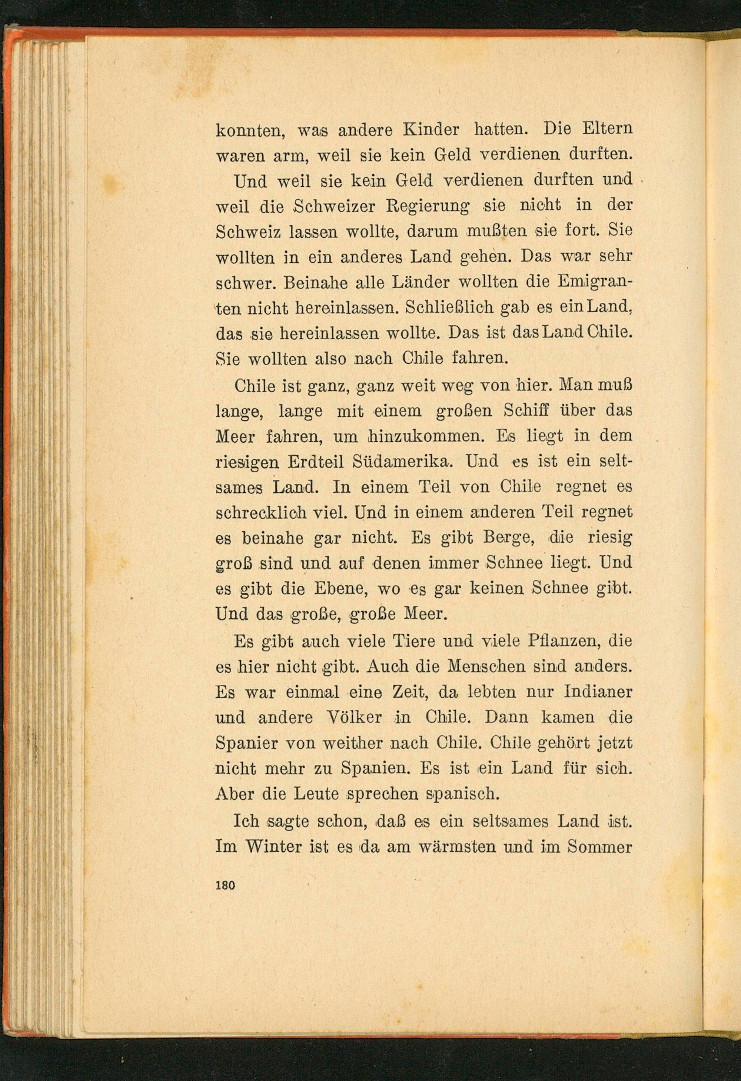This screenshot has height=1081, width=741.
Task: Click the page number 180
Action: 226,884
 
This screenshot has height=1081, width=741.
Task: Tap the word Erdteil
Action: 315,462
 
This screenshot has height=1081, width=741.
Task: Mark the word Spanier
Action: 246,743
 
